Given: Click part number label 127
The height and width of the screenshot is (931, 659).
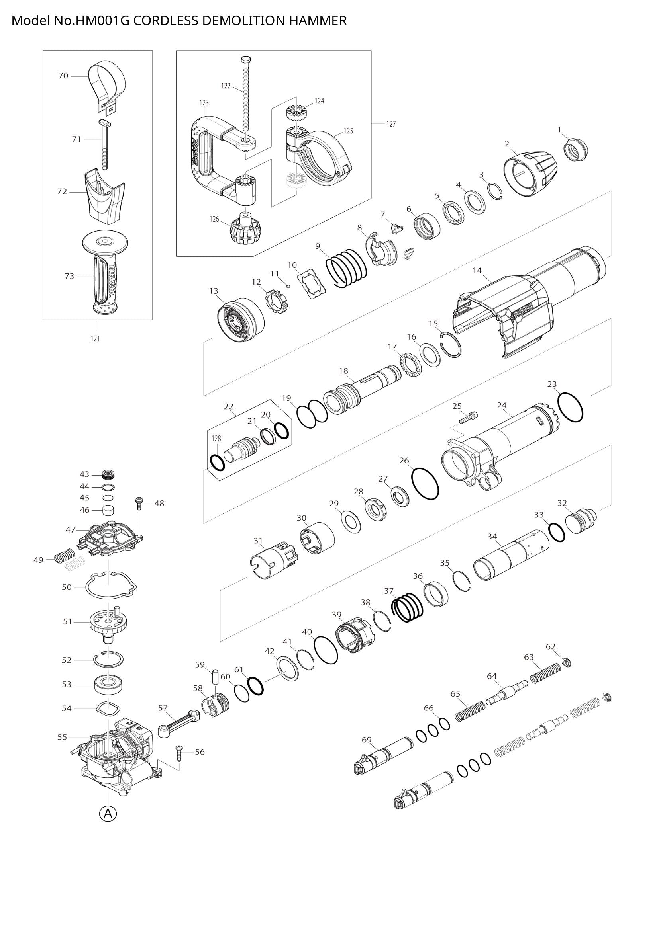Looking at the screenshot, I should [390, 124].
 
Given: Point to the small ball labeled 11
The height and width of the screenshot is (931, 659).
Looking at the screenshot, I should [288, 285].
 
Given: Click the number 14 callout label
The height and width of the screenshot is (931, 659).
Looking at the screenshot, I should [477, 270].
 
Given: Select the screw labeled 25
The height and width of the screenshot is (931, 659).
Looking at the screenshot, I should [469, 417].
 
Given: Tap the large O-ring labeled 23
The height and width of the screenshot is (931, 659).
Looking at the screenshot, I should [571, 407].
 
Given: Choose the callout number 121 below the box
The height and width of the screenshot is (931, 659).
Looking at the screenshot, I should [95, 338].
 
